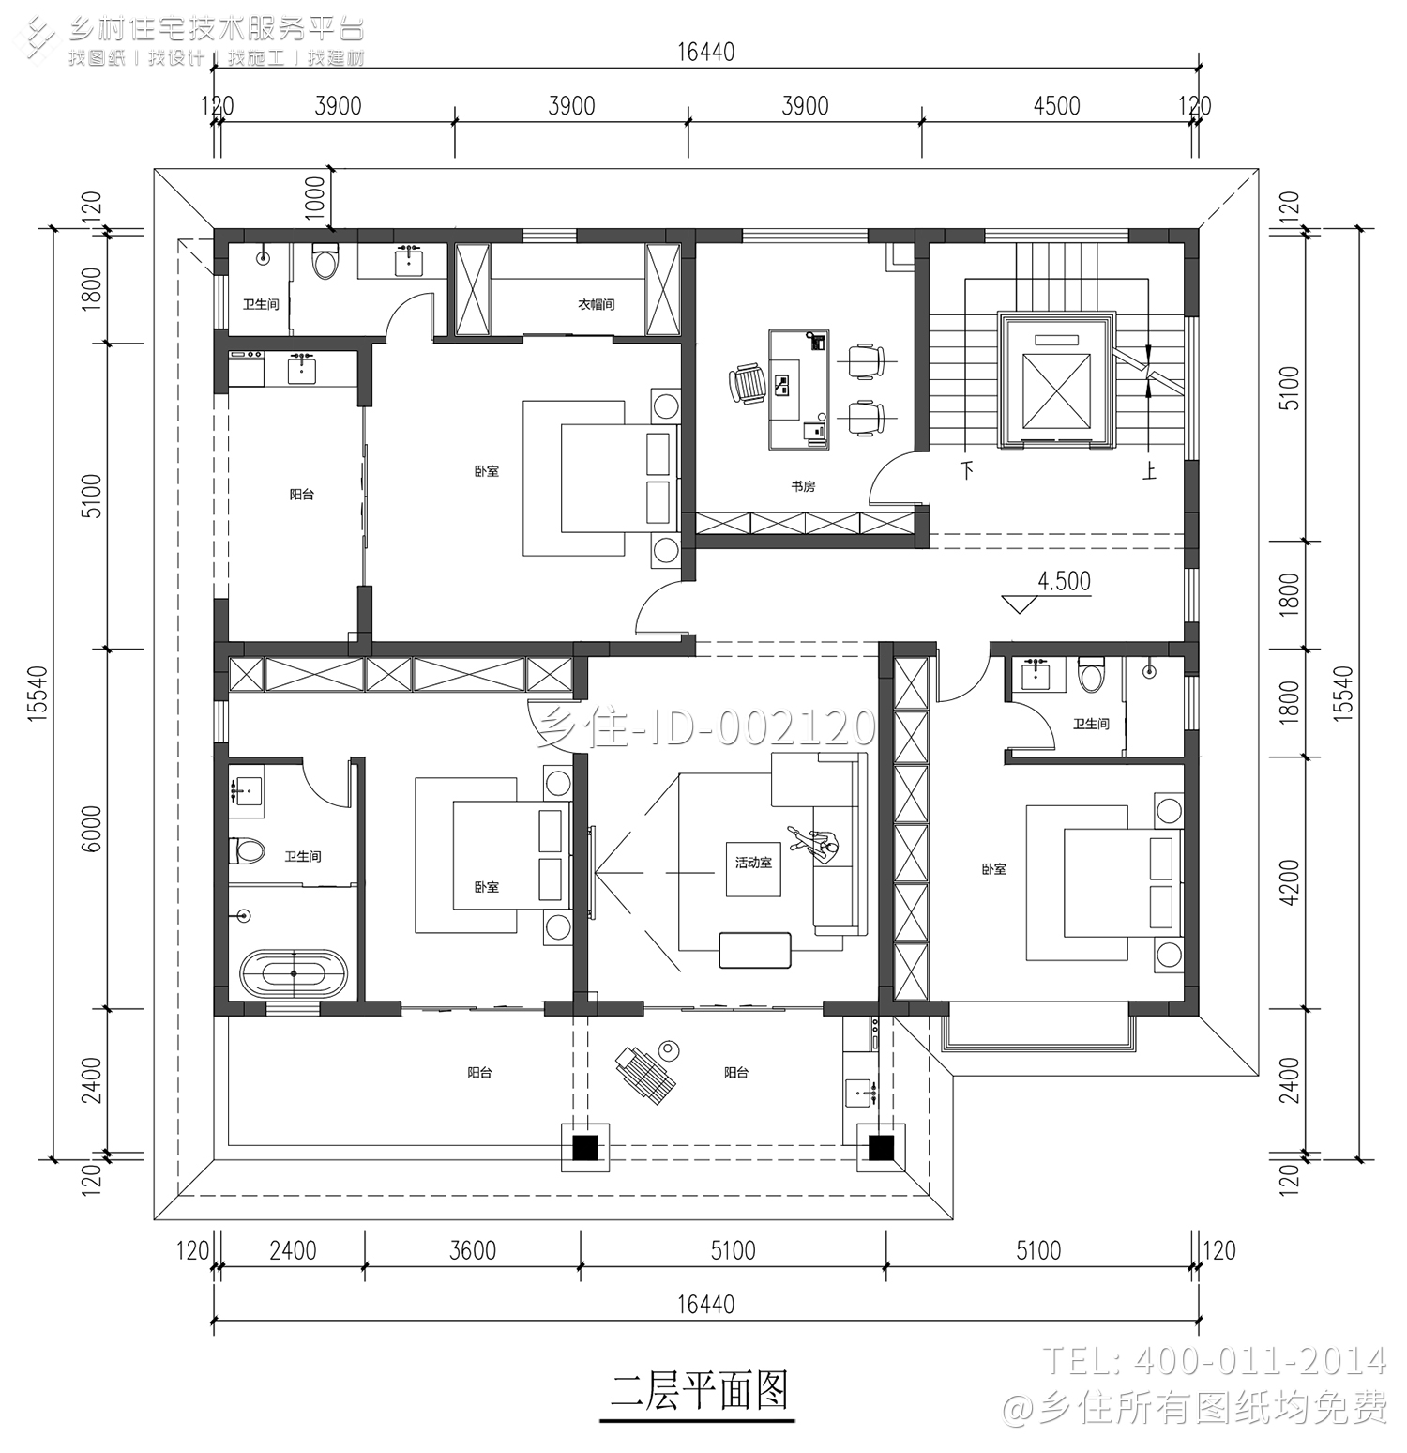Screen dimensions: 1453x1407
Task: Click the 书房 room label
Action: tap(803, 486)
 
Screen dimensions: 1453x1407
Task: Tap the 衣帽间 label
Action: tap(596, 304)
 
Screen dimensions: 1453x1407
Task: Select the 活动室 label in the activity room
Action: tap(753, 862)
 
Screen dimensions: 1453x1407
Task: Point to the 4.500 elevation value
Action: tap(1064, 581)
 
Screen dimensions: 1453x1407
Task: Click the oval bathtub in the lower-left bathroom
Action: tap(294, 974)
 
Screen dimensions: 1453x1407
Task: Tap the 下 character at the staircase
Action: tap(967, 469)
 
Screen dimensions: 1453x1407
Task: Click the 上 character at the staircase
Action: tap(1149, 469)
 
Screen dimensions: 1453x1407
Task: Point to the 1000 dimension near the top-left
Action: tap(315, 197)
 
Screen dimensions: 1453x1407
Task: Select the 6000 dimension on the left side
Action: tap(92, 829)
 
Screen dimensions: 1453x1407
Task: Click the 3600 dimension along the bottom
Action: tap(473, 1250)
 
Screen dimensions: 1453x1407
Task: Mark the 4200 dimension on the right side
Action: tap(1290, 882)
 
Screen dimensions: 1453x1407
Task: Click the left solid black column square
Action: tap(585, 1147)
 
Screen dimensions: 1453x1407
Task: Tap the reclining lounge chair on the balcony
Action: tap(645, 1073)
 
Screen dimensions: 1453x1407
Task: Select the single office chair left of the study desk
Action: tap(747, 384)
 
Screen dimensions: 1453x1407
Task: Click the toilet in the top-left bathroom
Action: tap(325, 263)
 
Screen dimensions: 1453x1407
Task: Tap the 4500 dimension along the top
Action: tap(1056, 106)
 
